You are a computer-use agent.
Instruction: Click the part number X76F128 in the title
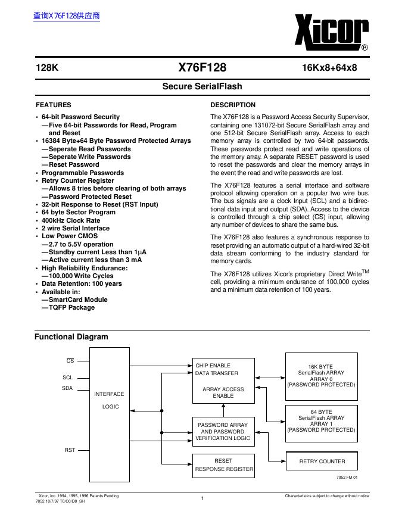[x=202, y=68]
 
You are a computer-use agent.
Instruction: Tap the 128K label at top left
[x=47, y=68]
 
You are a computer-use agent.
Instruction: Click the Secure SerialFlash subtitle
[x=202, y=86]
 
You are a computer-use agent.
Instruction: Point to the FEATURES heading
[x=53, y=105]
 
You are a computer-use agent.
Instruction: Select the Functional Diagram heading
[x=71, y=337]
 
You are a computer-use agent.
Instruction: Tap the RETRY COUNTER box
[x=322, y=461]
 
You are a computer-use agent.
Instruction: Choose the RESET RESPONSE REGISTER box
[x=223, y=465]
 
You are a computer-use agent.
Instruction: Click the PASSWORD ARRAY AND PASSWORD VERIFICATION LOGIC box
[x=223, y=431]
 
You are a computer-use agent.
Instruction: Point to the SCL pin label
[x=67, y=378]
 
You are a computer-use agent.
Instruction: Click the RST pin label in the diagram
[x=70, y=450]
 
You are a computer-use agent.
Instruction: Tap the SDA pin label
[x=67, y=388]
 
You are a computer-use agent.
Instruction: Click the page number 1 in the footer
[x=202, y=498]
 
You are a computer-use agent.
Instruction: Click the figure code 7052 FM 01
[x=347, y=478]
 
